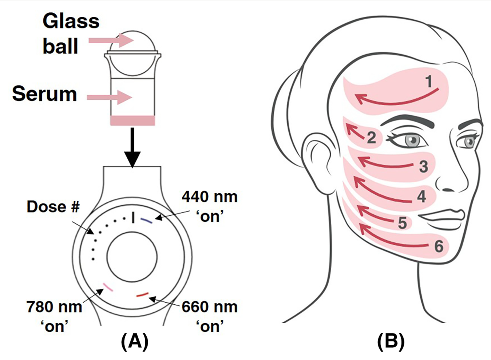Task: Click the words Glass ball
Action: click(x=71, y=33)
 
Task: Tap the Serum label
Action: click(x=44, y=94)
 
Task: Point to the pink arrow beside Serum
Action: click(x=109, y=97)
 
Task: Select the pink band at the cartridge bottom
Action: click(x=132, y=120)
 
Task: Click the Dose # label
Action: click(x=53, y=207)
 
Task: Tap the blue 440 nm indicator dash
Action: click(x=146, y=221)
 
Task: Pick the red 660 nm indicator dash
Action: click(x=142, y=294)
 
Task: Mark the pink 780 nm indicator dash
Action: click(x=108, y=287)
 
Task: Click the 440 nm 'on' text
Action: click(x=210, y=206)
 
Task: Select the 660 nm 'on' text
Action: click(x=210, y=316)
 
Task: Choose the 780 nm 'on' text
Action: click(x=54, y=316)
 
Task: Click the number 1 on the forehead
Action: click(x=429, y=82)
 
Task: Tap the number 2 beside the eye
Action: click(x=371, y=138)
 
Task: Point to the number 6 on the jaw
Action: click(x=439, y=246)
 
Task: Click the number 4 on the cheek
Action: click(x=421, y=197)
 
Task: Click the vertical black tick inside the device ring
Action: click(x=133, y=218)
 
